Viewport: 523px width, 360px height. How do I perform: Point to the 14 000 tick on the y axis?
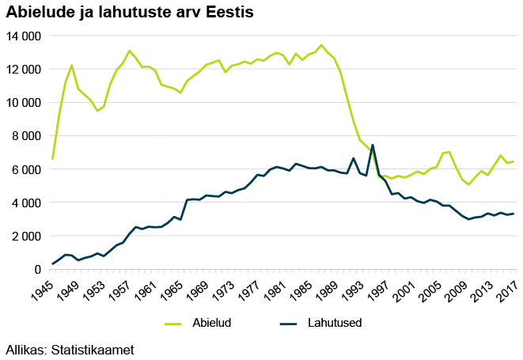coord(23,36)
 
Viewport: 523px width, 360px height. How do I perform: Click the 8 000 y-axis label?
coord(26,136)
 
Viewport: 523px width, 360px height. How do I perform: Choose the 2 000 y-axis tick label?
coord(26,236)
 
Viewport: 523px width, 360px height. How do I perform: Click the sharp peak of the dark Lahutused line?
coord(373,145)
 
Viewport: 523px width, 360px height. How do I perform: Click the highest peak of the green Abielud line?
coord(321,45)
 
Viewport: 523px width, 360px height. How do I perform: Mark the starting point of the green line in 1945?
coord(52,159)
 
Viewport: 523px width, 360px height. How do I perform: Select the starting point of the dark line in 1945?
coord(52,264)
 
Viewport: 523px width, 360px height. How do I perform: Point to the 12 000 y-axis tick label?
coord(23,70)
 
